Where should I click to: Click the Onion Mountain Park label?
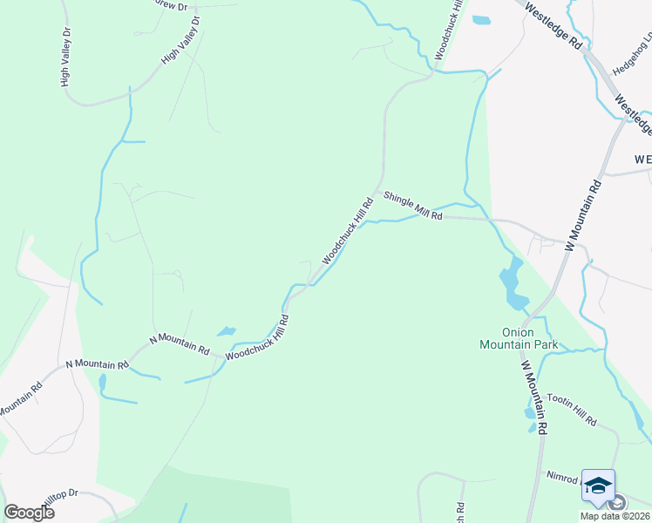click(x=518, y=338)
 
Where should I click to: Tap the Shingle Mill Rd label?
click(x=413, y=207)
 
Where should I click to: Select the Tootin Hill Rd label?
click(x=572, y=410)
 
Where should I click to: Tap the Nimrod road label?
click(x=564, y=478)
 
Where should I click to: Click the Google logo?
click(x=29, y=513)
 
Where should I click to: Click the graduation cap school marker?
click(x=598, y=486)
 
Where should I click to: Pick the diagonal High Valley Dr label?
click(x=180, y=41)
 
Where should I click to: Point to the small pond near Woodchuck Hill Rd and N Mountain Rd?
click(x=227, y=331)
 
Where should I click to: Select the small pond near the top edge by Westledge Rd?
click(x=481, y=19)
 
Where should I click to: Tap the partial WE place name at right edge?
click(x=643, y=160)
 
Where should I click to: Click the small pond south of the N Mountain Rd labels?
click(x=103, y=382)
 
